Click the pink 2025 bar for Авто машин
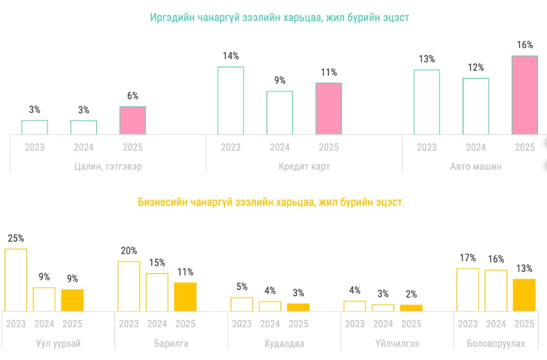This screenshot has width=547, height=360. click(524, 95)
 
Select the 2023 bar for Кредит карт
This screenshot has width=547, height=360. click(231, 101)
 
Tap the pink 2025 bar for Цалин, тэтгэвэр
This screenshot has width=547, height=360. click(132, 120)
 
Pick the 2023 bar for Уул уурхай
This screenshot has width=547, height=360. click(16, 280)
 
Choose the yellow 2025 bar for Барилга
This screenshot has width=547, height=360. click(185, 297)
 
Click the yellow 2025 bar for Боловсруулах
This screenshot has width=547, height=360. click(524, 295)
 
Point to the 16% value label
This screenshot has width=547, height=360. click(524, 45)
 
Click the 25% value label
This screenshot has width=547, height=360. click(16, 238)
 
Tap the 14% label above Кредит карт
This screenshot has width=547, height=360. click(231, 56)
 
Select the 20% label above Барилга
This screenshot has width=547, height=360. click(128, 251)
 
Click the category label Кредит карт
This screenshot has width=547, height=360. click(304, 166)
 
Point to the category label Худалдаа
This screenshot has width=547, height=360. click(284, 344)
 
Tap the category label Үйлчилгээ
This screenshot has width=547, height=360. click(397, 344)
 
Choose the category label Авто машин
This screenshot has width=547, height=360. click(476, 166)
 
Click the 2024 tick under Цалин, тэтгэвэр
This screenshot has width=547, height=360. click(83, 148)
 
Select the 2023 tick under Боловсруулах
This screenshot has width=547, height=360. click(467, 324)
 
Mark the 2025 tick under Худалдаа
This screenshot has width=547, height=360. click(298, 324)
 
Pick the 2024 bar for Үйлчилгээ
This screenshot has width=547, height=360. click(383, 307)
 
